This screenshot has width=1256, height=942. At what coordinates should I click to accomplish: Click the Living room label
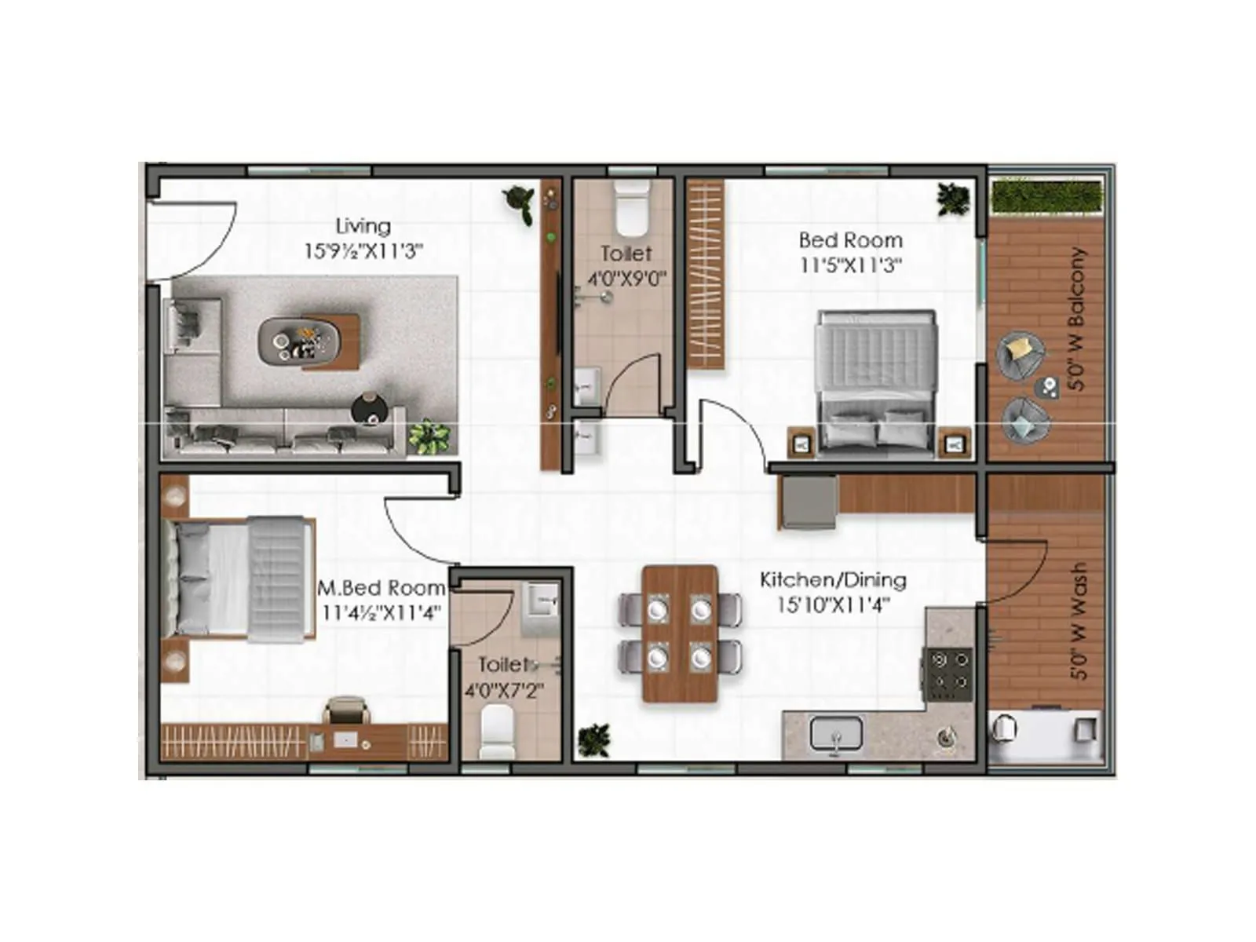[x=363, y=226]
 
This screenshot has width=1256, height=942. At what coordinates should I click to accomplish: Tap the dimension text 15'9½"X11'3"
[x=363, y=251]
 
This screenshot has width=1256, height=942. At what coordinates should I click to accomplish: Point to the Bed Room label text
[x=850, y=240]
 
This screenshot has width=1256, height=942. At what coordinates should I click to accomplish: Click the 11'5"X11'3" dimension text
[x=850, y=265]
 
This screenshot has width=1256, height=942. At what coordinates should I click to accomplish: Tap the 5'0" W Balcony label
[x=1077, y=319]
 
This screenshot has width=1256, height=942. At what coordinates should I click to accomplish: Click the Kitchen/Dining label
[x=833, y=580]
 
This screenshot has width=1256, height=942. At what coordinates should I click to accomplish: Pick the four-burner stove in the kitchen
[x=949, y=674]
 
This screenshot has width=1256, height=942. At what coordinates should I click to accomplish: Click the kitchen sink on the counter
[x=836, y=735]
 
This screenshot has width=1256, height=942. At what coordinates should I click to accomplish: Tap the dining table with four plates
[x=680, y=633]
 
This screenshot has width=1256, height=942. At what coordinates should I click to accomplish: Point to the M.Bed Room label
[x=381, y=588]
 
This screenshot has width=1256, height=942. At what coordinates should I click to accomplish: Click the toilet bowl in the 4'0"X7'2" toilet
[x=497, y=732]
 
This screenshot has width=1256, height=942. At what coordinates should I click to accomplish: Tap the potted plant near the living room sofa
[x=429, y=436]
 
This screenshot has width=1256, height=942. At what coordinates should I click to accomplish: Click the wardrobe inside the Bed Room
[x=705, y=275]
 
